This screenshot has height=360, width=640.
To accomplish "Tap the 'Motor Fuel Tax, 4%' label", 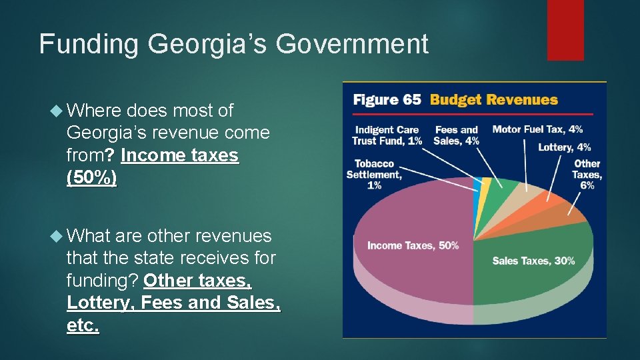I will [x=537, y=129].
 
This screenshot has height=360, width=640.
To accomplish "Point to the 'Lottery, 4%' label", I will [x=564, y=147].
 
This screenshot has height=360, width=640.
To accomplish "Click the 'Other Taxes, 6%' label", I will [x=587, y=175].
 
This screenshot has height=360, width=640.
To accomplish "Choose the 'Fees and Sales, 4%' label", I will [x=457, y=135].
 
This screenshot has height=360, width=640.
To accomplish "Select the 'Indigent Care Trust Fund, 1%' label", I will [x=387, y=135].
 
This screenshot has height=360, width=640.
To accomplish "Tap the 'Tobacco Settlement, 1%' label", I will [x=374, y=175].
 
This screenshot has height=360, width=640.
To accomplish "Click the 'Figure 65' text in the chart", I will [x=387, y=100].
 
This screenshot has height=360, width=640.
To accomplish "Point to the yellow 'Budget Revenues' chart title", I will [x=493, y=100].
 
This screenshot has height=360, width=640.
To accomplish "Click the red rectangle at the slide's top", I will [x=565, y=30].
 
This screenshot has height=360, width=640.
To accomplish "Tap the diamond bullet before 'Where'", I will [x=55, y=111].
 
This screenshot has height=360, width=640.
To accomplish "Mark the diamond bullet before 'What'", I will [x=55, y=236].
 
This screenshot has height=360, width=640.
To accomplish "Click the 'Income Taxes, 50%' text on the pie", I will [x=413, y=246].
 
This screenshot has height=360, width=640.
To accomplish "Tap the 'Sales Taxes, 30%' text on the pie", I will [x=533, y=261].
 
